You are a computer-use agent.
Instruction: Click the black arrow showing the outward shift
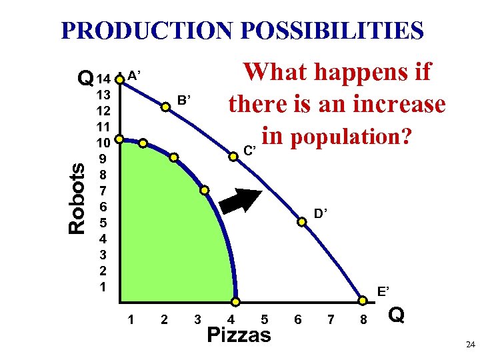247,201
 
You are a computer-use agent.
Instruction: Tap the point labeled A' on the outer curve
120,79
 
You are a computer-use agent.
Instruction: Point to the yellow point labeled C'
233,157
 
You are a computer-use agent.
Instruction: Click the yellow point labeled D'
302,223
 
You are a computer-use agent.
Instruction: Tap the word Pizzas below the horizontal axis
239,335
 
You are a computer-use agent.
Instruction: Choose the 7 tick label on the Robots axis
103,191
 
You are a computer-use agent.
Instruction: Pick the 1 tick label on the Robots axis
103,287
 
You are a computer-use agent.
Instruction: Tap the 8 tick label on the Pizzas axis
364,320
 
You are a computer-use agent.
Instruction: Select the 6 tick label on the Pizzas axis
297,320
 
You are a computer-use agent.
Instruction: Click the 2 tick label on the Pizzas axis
164,320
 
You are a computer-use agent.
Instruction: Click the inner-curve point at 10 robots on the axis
120,140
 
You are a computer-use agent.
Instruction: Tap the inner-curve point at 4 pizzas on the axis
235,302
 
